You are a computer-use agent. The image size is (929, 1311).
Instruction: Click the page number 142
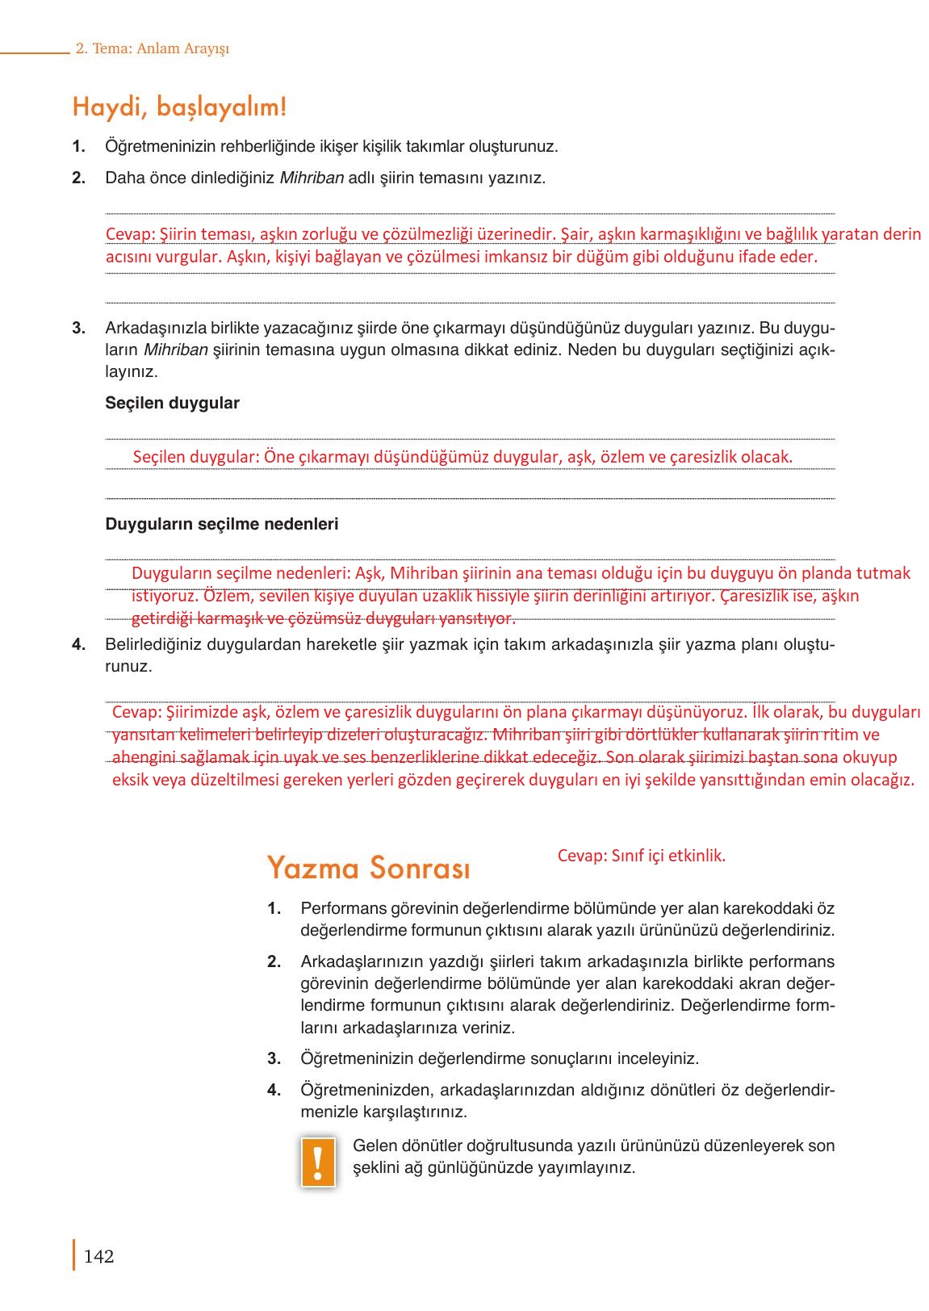[x=98, y=1256]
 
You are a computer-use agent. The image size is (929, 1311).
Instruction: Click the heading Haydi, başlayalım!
[x=179, y=107]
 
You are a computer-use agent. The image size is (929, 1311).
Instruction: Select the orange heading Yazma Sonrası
[x=368, y=868]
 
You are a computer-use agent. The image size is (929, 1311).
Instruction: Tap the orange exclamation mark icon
[x=318, y=1162]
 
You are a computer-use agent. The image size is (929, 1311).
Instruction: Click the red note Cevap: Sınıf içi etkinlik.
[x=641, y=856]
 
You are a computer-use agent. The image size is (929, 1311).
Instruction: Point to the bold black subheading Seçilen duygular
[x=172, y=403]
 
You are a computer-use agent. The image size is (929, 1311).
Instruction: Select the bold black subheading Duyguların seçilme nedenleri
[x=221, y=524]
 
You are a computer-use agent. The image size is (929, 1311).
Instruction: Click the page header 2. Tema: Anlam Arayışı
[x=153, y=48]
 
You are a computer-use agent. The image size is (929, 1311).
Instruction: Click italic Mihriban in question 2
[x=312, y=178]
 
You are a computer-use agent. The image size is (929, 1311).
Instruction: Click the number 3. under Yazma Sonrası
[x=274, y=1058]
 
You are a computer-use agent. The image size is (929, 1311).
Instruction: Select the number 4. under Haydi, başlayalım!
[x=78, y=644]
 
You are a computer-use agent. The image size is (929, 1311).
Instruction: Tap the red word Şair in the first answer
[x=575, y=234]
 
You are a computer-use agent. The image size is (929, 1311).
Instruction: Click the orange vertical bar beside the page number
[x=74, y=1255]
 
